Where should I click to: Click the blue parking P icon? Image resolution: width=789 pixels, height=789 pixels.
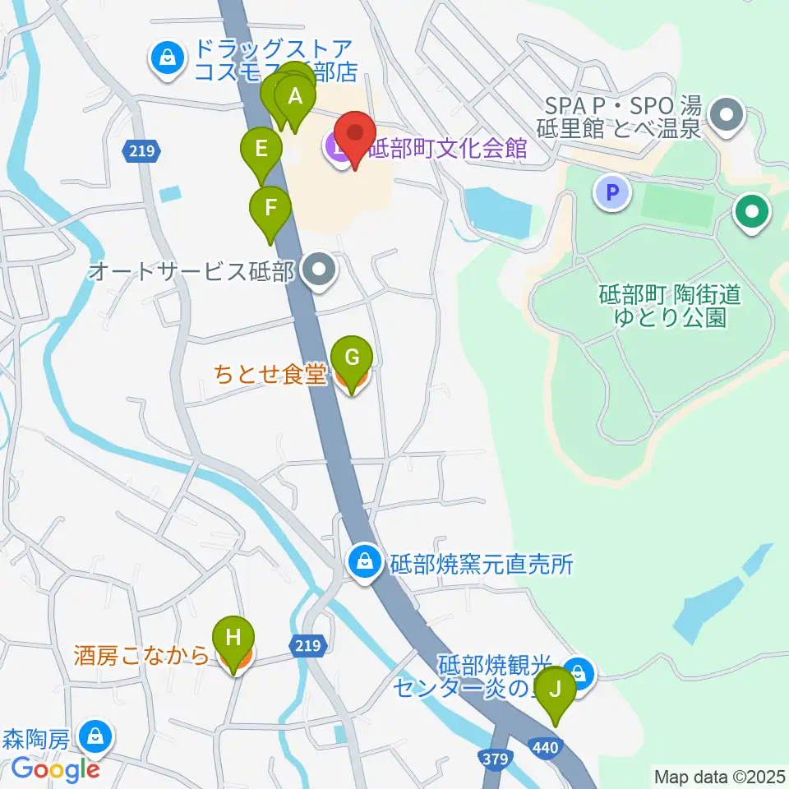pos(611,194)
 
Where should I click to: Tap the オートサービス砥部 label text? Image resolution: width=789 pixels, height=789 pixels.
pos(191,270)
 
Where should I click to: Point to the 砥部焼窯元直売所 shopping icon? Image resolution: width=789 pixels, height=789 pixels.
pos(363,563)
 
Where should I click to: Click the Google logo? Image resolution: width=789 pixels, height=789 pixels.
pos(56,769)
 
